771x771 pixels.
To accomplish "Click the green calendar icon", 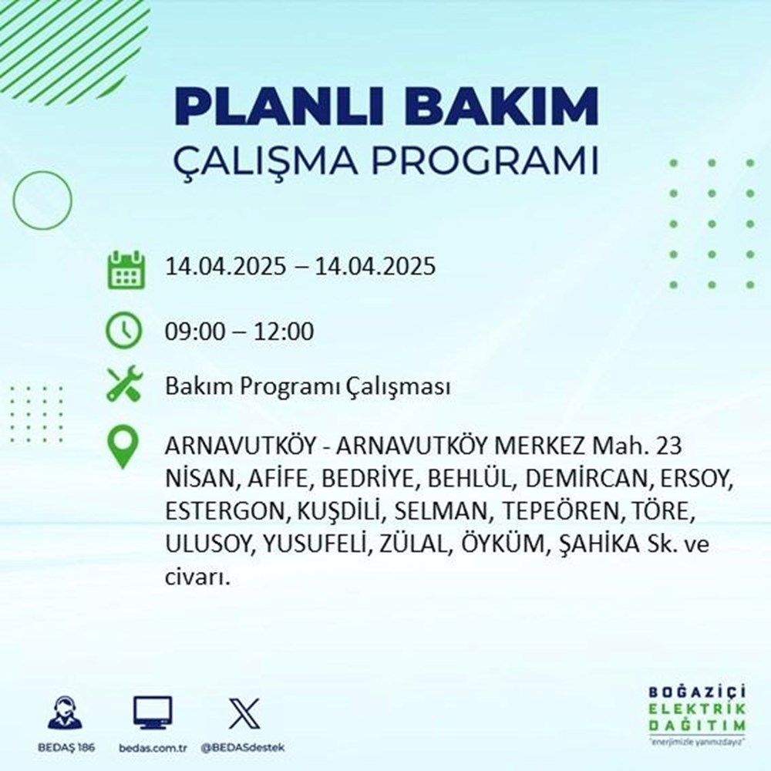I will click(125, 269).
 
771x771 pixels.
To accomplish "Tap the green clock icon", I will click(124, 332).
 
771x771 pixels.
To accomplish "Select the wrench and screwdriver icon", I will click(124, 385).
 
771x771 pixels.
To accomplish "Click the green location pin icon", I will click(124, 448).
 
